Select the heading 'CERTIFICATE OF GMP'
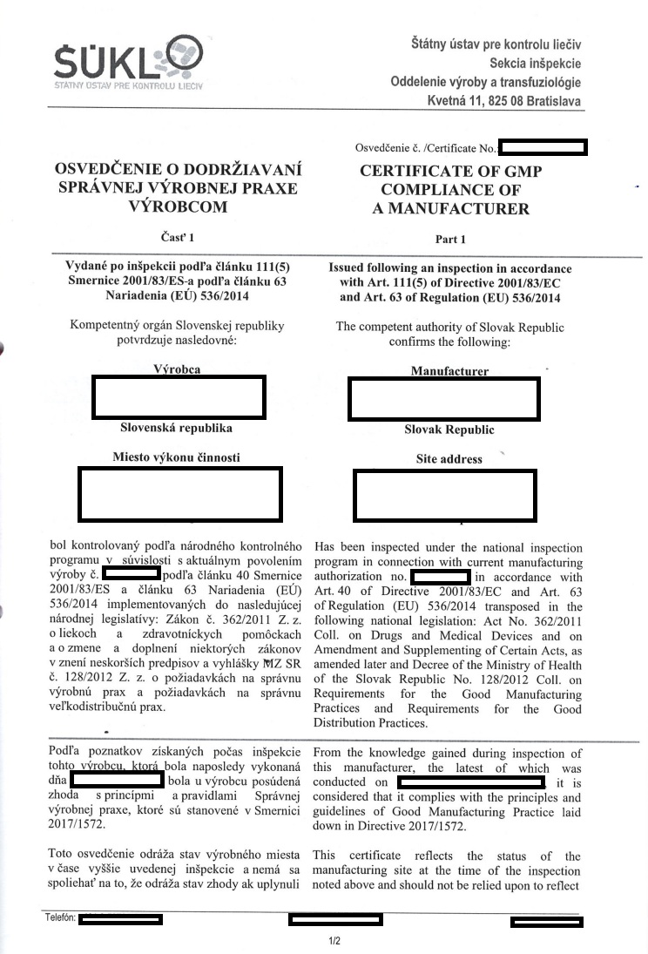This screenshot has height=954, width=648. [x=450, y=172]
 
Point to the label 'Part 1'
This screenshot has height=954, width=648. [x=450, y=238]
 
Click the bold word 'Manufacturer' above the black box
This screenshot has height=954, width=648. [x=449, y=371]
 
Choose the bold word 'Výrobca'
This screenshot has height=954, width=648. [x=177, y=369]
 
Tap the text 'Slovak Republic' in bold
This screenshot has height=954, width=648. [x=449, y=430]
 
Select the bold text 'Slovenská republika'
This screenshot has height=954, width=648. [x=177, y=429]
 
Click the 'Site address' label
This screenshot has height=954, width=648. [x=449, y=459]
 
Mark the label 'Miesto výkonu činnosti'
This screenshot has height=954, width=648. [x=177, y=457]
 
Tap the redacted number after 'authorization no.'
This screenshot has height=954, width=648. [x=440, y=578]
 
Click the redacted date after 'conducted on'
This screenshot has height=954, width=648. [x=470, y=783]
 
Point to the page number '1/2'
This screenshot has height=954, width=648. [x=334, y=940]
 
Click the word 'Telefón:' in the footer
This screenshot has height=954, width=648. [x=60, y=918]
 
